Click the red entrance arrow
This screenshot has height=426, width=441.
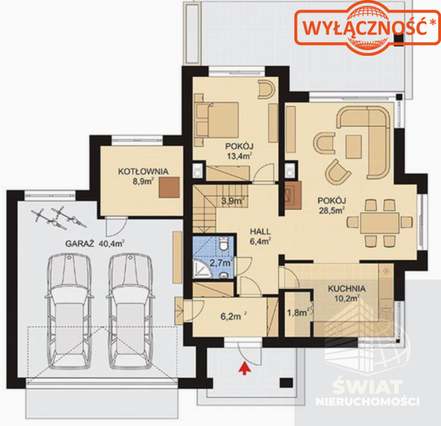pos(245,369)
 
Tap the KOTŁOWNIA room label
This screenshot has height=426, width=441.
pos(143,171)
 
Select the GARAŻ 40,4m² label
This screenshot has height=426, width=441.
pos(95,243)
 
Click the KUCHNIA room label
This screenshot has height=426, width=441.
pos(346,289)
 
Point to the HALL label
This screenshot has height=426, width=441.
pos(261,232)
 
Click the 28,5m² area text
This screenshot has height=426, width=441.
pos(332,210)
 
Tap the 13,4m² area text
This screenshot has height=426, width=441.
pos(239,156)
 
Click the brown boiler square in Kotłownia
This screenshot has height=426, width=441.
pos(169,188)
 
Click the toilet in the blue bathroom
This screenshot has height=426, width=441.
pos(224,243)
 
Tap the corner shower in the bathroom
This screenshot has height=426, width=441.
pos(201,269)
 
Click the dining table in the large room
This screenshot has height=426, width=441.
pos(380,223)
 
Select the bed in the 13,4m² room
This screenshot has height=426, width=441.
pos(217,120)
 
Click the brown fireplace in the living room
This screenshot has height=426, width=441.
pos(293,196)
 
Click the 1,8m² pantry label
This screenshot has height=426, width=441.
pos(298,312)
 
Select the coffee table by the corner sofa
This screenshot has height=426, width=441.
pos(354,147)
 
